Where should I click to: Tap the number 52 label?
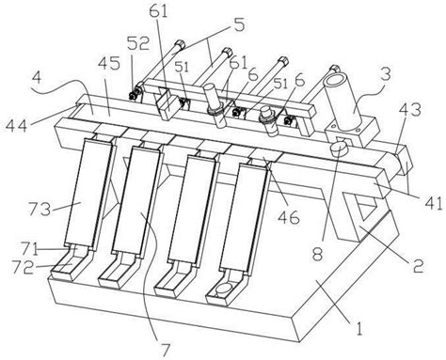point(138,45)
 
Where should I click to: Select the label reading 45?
point(108,64)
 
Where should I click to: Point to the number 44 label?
point(16,127)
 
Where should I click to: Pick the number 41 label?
point(432,202)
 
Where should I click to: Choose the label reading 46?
point(289,217)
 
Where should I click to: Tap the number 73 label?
point(40,209)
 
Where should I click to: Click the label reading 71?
point(30,250)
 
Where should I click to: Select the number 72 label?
point(22,267)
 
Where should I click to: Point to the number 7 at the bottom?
point(166,349)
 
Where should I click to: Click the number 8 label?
point(317,254)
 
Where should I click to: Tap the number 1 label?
point(359,328)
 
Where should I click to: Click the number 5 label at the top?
point(239,24)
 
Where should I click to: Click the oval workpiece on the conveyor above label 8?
point(340,148)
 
